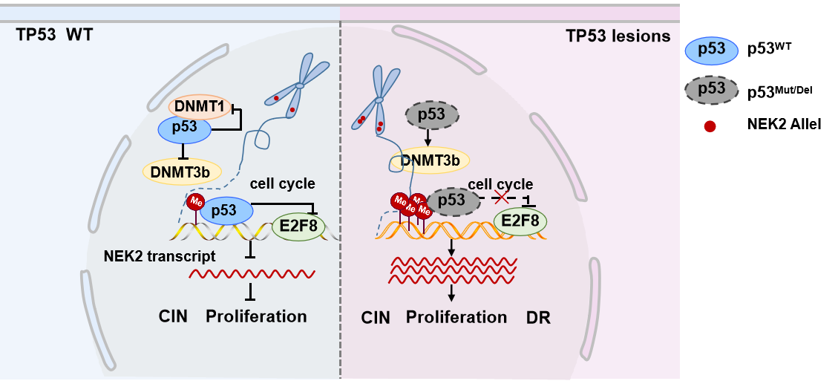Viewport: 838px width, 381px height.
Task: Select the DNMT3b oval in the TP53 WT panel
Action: pyautogui.click(x=181, y=171)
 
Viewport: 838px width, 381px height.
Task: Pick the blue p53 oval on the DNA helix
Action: pyautogui.click(x=225, y=211)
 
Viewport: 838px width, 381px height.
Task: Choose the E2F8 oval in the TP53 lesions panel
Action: pyautogui.click(x=520, y=220)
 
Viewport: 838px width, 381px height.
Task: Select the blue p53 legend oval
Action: pyautogui.click(x=711, y=51)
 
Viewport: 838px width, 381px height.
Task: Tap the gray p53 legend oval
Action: pyautogui.click(x=711, y=89)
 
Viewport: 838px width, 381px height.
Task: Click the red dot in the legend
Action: pyautogui.click(x=710, y=127)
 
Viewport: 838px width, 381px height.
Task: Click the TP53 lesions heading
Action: pyautogui.click(x=618, y=36)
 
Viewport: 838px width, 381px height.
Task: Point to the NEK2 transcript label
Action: pyautogui.click(x=160, y=257)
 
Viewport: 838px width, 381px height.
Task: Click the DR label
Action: pyautogui.click(x=539, y=318)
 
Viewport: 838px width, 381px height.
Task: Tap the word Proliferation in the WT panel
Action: pyautogui.click(x=256, y=316)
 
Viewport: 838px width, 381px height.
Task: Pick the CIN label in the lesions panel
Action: pyautogui.click(x=376, y=318)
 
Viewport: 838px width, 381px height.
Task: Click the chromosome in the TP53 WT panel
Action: pyautogui.click(x=300, y=85)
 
